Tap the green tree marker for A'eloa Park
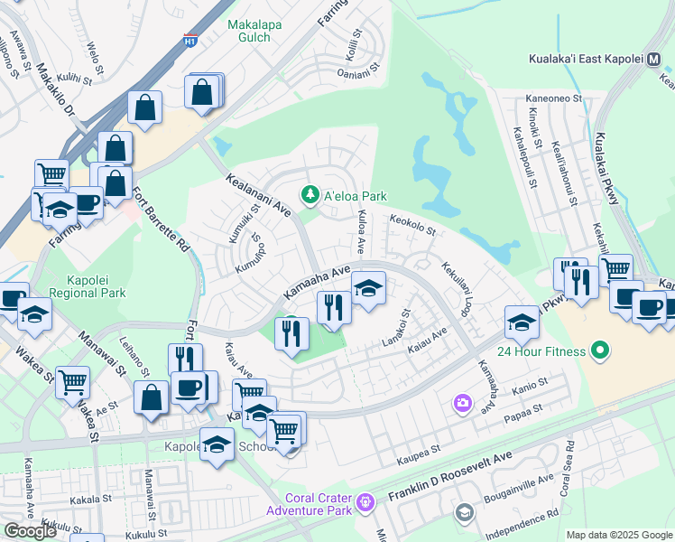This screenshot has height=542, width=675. point(310,195)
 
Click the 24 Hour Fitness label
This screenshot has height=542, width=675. point(539,350)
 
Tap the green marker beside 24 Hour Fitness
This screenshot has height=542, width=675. point(600,350)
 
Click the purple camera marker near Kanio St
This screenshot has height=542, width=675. point(463,402)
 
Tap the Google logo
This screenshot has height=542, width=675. point(30,531)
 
